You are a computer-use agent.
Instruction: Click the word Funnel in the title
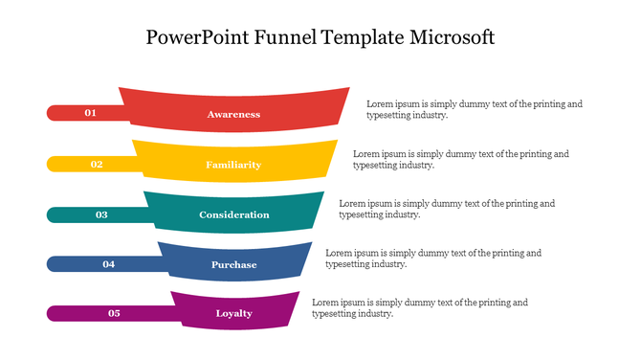(x=287, y=38)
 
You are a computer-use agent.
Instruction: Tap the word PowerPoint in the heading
(x=198, y=38)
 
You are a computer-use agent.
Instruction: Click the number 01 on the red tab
(x=91, y=113)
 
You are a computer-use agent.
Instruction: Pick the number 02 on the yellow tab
(x=97, y=164)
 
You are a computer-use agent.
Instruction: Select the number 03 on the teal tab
(x=101, y=214)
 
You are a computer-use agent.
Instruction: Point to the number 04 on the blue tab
(x=108, y=263)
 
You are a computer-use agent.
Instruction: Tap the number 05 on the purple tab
(x=114, y=313)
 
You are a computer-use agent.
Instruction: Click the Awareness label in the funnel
(x=233, y=114)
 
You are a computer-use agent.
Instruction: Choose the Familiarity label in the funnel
(x=233, y=165)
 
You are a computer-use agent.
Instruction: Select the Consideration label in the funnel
(x=233, y=214)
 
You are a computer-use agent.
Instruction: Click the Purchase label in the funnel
(x=233, y=264)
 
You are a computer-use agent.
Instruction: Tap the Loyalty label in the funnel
(x=233, y=314)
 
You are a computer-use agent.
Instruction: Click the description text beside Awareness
(x=474, y=109)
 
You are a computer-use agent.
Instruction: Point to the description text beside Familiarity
(x=460, y=159)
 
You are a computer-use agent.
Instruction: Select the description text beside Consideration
(x=447, y=209)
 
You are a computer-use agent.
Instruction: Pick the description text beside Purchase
(x=433, y=259)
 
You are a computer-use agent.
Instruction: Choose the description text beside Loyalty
(x=420, y=308)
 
